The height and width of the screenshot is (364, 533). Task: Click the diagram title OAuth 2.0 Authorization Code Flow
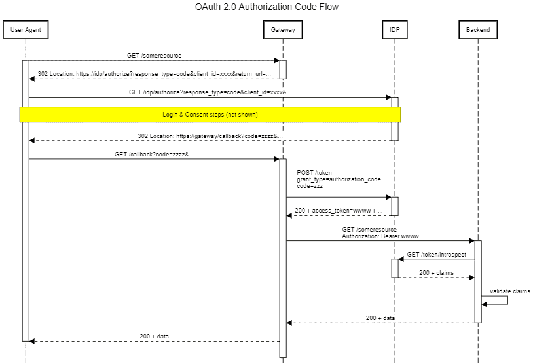[x=266, y=7]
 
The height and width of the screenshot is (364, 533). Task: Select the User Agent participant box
[x=26, y=30]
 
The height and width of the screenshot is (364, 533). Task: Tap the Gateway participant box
[x=283, y=30]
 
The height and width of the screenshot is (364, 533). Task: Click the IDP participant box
[x=395, y=30]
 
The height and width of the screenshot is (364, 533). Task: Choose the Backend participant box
[x=477, y=30]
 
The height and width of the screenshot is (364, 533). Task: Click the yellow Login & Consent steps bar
[x=210, y=115]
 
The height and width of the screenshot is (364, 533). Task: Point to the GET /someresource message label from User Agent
[x=155, y=56]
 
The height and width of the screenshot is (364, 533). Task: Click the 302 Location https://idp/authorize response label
[x=154, y=74]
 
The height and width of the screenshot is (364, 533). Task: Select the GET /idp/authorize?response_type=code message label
[x=210, y=92]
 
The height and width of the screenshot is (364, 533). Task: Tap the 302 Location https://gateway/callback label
[x=210, y=136]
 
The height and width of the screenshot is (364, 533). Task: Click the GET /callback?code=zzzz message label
[x=155, y=154]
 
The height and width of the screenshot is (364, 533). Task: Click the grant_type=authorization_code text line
[x=339, y=179]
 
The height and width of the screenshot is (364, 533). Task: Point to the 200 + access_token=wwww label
[x=339, y=211]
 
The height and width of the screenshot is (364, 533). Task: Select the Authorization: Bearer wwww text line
[x=380, y=236]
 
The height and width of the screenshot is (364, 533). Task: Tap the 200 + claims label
[x=436, y=272]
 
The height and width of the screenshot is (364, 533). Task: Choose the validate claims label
[x=509, y=291]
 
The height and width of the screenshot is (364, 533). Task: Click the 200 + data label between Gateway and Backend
[x=380, y=318]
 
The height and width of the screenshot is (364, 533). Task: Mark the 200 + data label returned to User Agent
[x=155, y=336]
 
